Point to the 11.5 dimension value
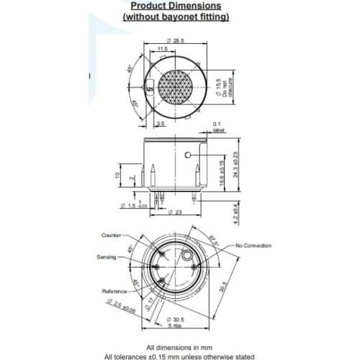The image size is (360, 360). (x=163, y=49)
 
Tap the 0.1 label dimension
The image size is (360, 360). (x=217, y=127)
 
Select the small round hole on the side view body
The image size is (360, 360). (x=189, y=156)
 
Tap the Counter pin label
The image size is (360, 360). (x=112, y=235)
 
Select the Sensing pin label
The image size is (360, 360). (x=107, y=257)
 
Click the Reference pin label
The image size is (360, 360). (x=114, y=291)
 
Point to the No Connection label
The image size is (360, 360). (x=253, y=246)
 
